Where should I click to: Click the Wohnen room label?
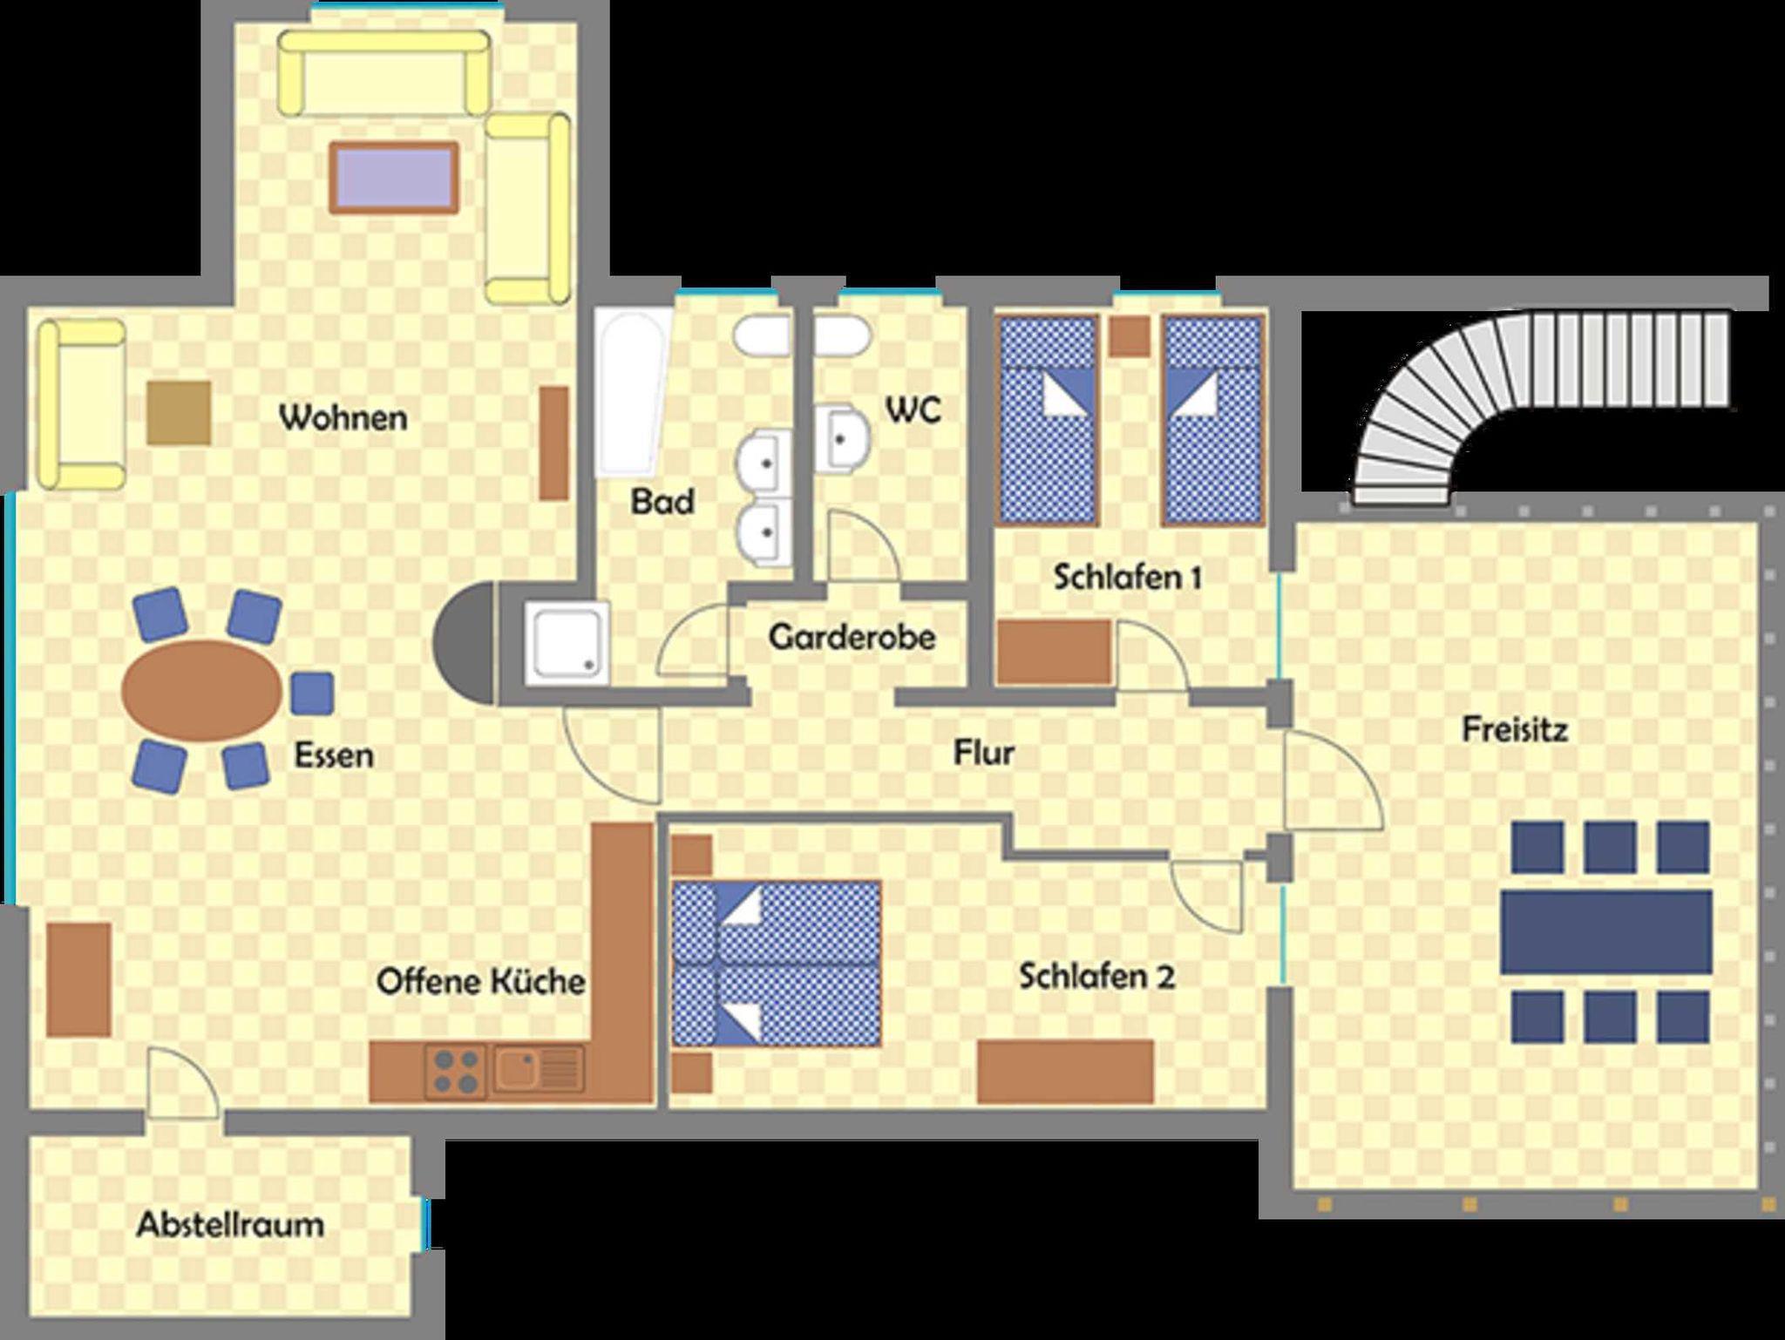tap(343, 417)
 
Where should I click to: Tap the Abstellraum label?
tap(231, 1225)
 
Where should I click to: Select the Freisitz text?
tap(1515, 729)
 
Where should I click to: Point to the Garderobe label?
tap(852, 637)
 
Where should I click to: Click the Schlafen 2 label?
tap(1097, 977)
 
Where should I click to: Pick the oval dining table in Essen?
tap(202, 690)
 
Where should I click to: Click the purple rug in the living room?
tap(394, 177)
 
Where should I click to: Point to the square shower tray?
tap(567, 643)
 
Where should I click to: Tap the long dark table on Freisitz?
tap(1606, 932)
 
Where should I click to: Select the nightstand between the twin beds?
tap(1130, 335)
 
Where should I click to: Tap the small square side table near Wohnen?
tap(179, 413)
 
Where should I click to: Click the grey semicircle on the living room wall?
tap(464, 644)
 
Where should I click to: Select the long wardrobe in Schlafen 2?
tap(1065, 1072)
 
